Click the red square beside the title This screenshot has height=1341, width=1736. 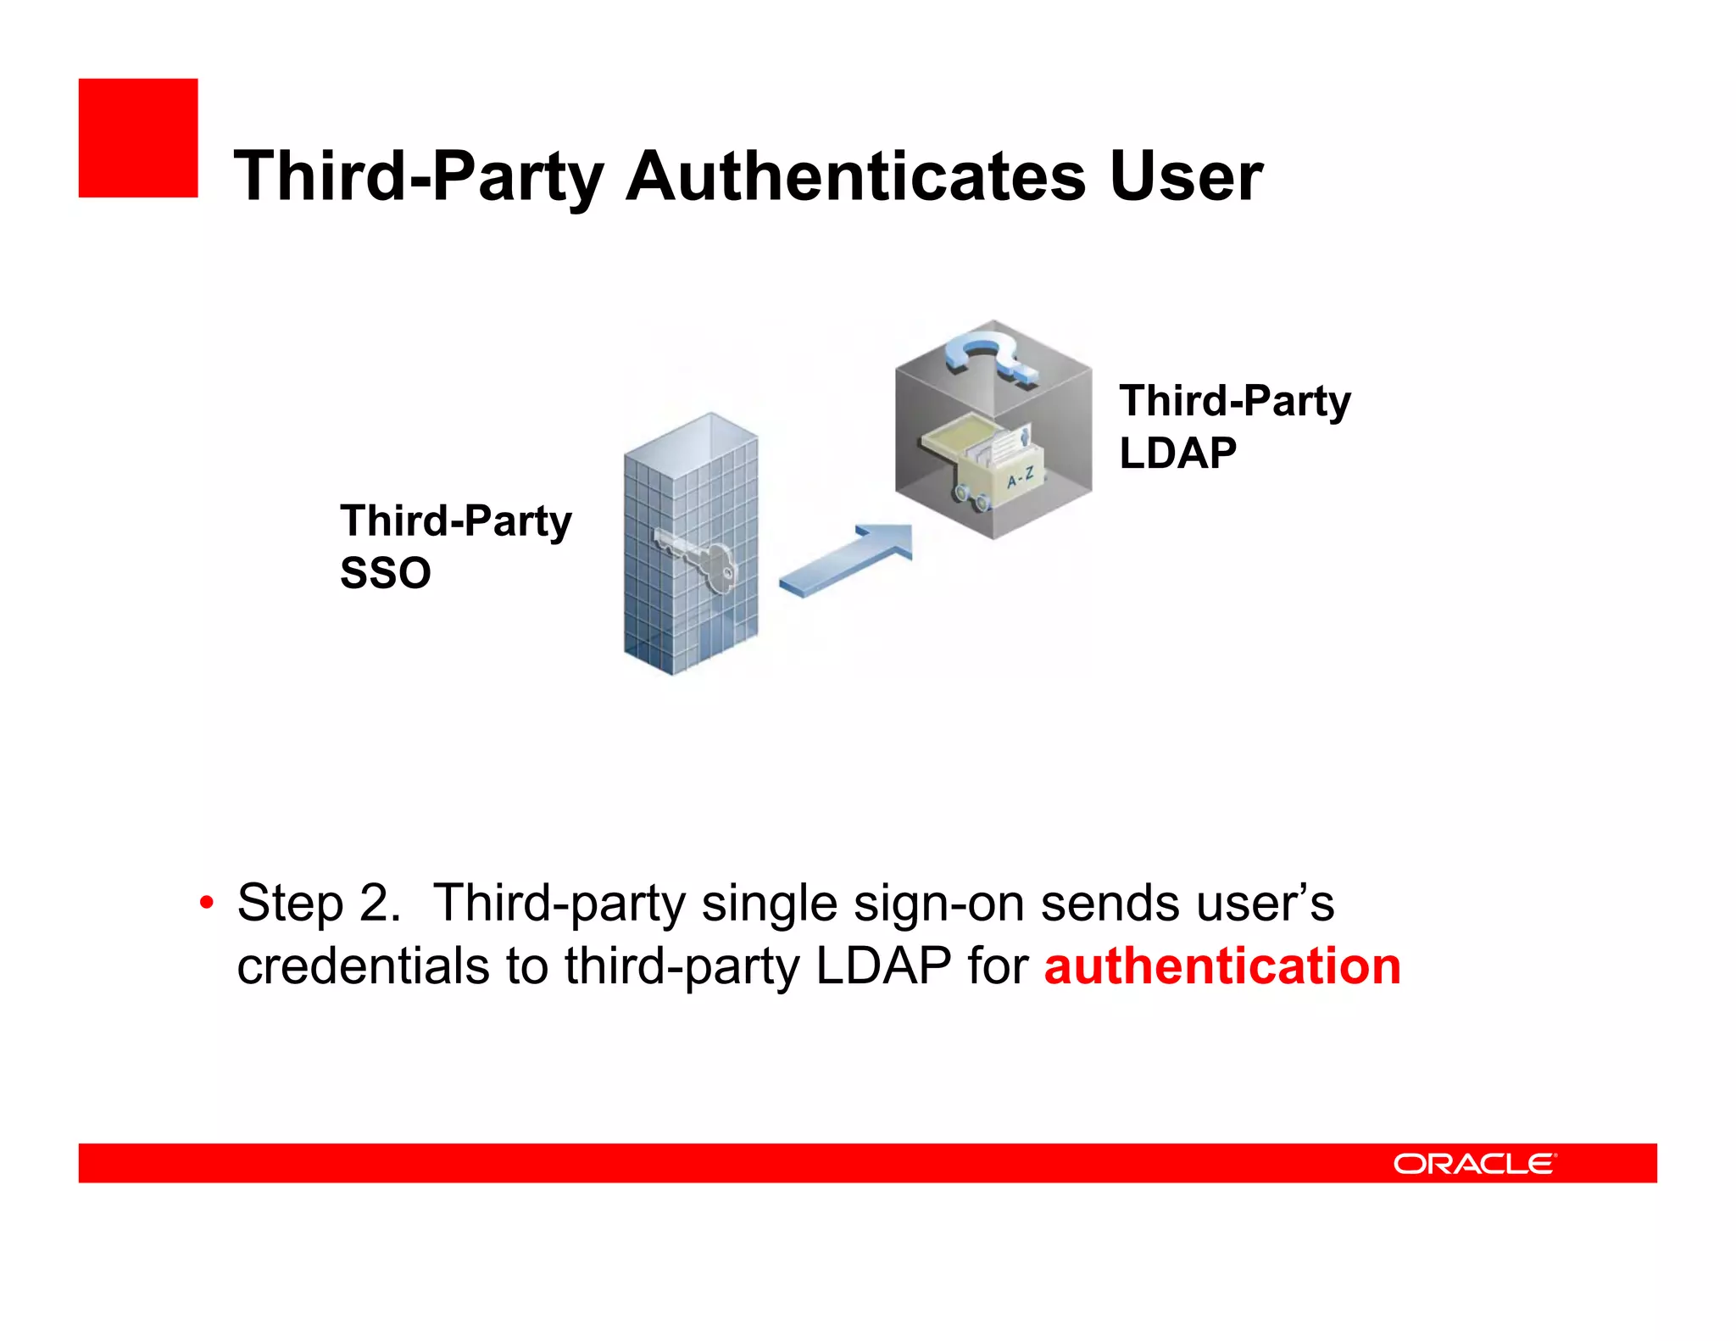[x=138, y=138]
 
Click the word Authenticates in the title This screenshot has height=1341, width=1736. [x=855, y=176]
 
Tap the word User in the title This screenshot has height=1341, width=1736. [x=1186, y=176]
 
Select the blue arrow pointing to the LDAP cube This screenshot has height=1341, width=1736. [x=848, y=559]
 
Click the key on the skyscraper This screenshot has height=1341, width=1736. [x=699, y=558]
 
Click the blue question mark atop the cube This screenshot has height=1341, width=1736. [x=992, y=356]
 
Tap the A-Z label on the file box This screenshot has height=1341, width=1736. [x=1021, y=478]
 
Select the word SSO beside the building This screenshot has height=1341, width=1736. [x=386, y=573]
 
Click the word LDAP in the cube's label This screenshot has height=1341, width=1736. [x=1177, y=453]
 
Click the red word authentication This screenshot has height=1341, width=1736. [x=1222, y=966]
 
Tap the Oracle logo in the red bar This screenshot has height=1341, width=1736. [x=1474, y=1163]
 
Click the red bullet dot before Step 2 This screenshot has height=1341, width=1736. [x=206, y=903]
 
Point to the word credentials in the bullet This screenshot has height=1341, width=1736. [x=363, y=966]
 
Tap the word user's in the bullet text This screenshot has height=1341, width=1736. [x=1187, y=903]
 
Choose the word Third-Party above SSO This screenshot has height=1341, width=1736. [x=456, y=520]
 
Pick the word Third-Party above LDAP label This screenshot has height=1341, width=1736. [x=1235, y=401]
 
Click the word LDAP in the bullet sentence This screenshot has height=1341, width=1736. [x=883, y=966]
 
